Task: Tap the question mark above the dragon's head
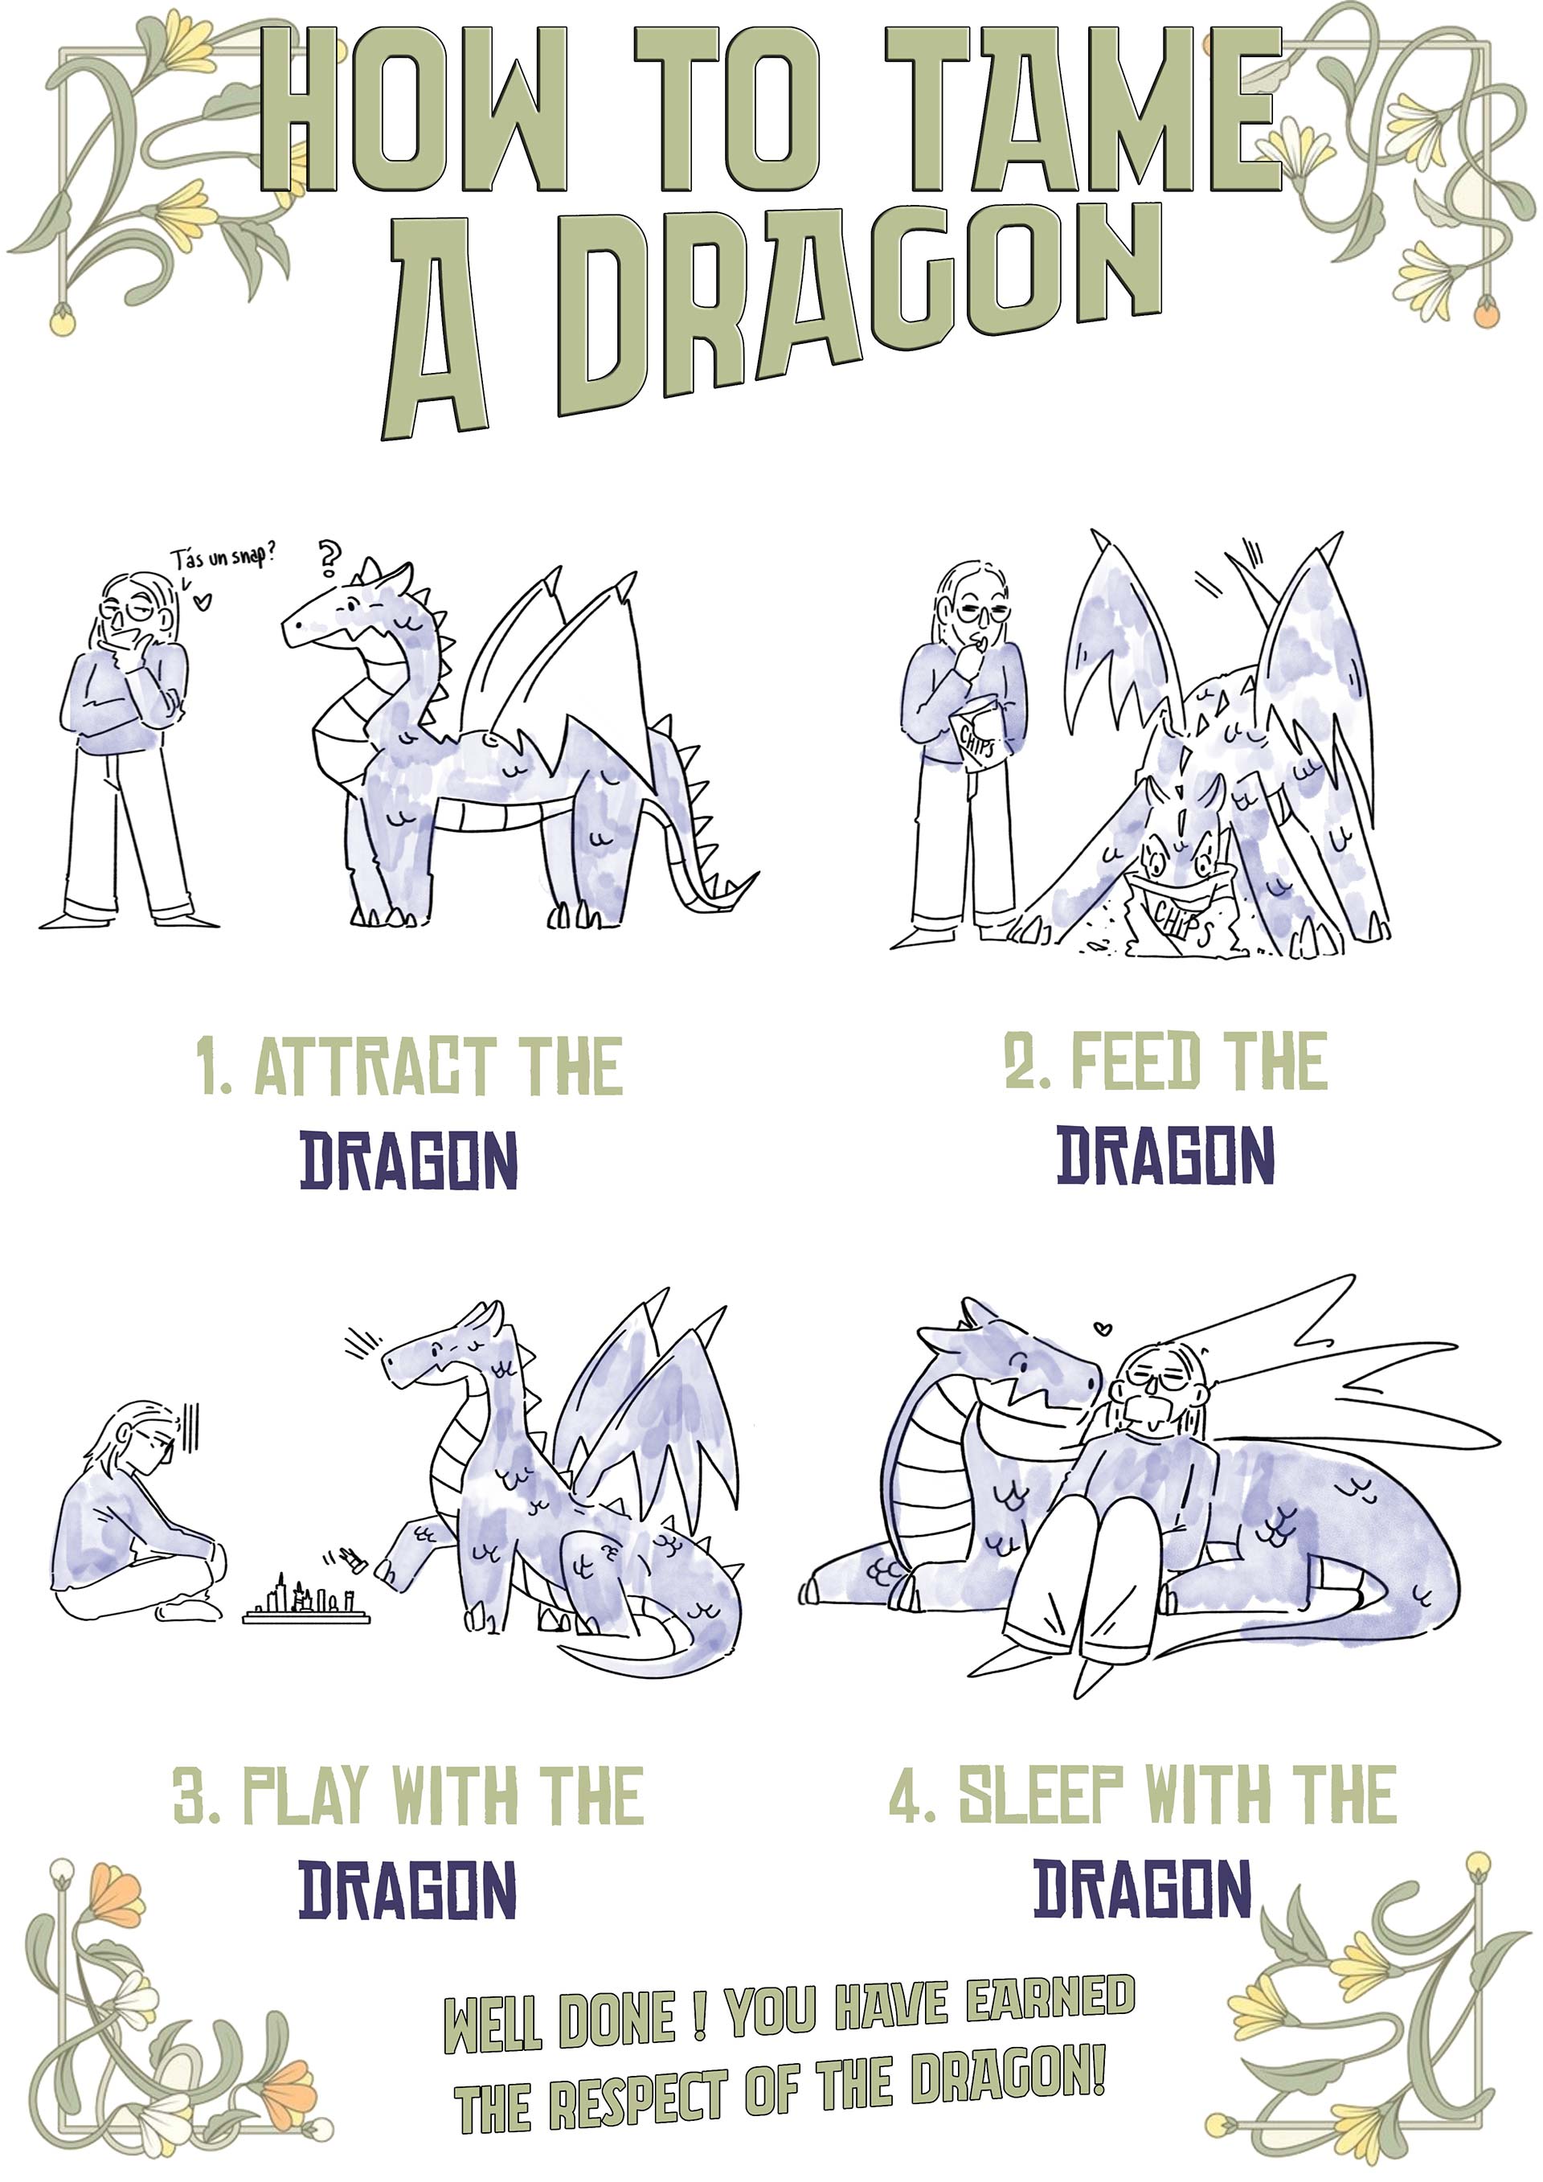click(x=329, y=559)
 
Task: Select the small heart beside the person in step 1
click(x=203, y=600)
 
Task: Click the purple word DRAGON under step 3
click(x=407, y=1889)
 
